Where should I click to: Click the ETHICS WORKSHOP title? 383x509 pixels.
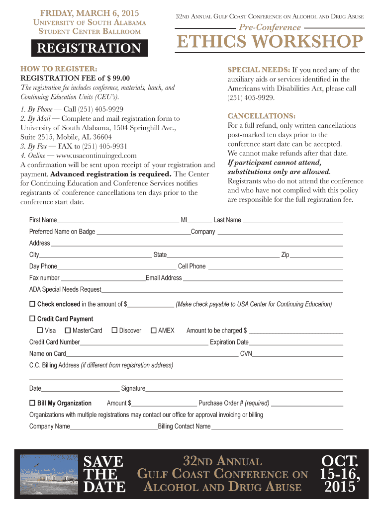pos(270,42)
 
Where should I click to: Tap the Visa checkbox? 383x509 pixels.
pos(40,330)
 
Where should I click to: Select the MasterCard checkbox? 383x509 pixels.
pos(68,330)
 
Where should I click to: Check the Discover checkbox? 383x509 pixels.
pos(114,330)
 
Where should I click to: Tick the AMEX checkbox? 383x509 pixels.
pos(154,330)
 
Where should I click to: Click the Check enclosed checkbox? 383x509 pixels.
pos(32,304)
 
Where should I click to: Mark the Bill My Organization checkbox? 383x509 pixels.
pos(32,403)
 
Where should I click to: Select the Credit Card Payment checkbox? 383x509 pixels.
pos(32,319)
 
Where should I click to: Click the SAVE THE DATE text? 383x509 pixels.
pos(104,474)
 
